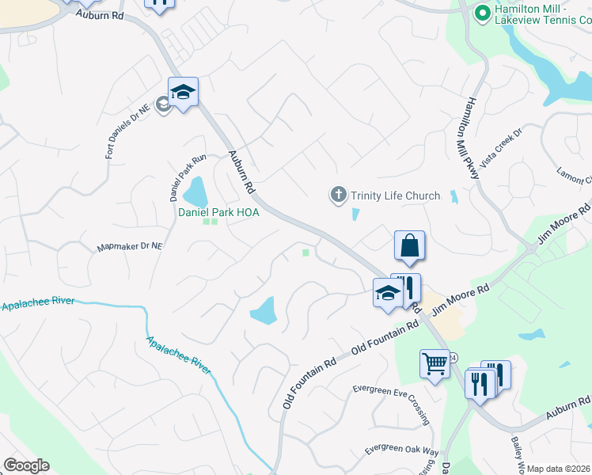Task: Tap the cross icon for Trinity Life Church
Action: click(339, 194)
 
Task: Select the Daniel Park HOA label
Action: click(218, 212)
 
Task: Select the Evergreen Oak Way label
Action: click(401, 450)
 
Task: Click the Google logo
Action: click(26, 465)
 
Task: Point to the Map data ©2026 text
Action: click(559, 469)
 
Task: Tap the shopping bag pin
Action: click(409, 245)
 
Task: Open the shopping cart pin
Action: click(435, 365)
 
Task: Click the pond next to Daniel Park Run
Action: click(195, 192)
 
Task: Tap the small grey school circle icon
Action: click(164, 104)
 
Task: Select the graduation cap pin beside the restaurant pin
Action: click(386, 294)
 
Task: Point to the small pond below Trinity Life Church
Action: click(355, 214)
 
